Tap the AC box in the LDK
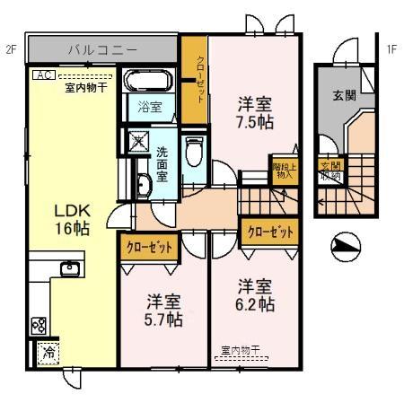(41, 75)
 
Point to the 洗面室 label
(162, 164)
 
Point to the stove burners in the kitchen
(39, 324)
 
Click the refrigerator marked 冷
(46, 354)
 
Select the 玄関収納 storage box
(330, 171)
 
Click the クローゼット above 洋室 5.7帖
(149, 246)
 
